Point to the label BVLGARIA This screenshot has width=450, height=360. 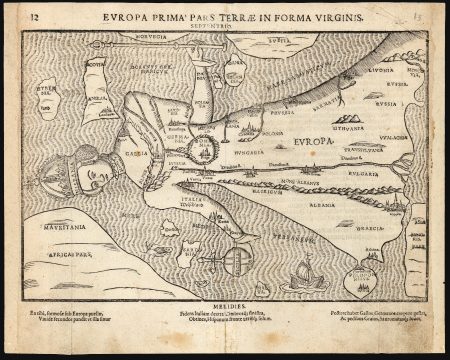click(366, 174)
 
